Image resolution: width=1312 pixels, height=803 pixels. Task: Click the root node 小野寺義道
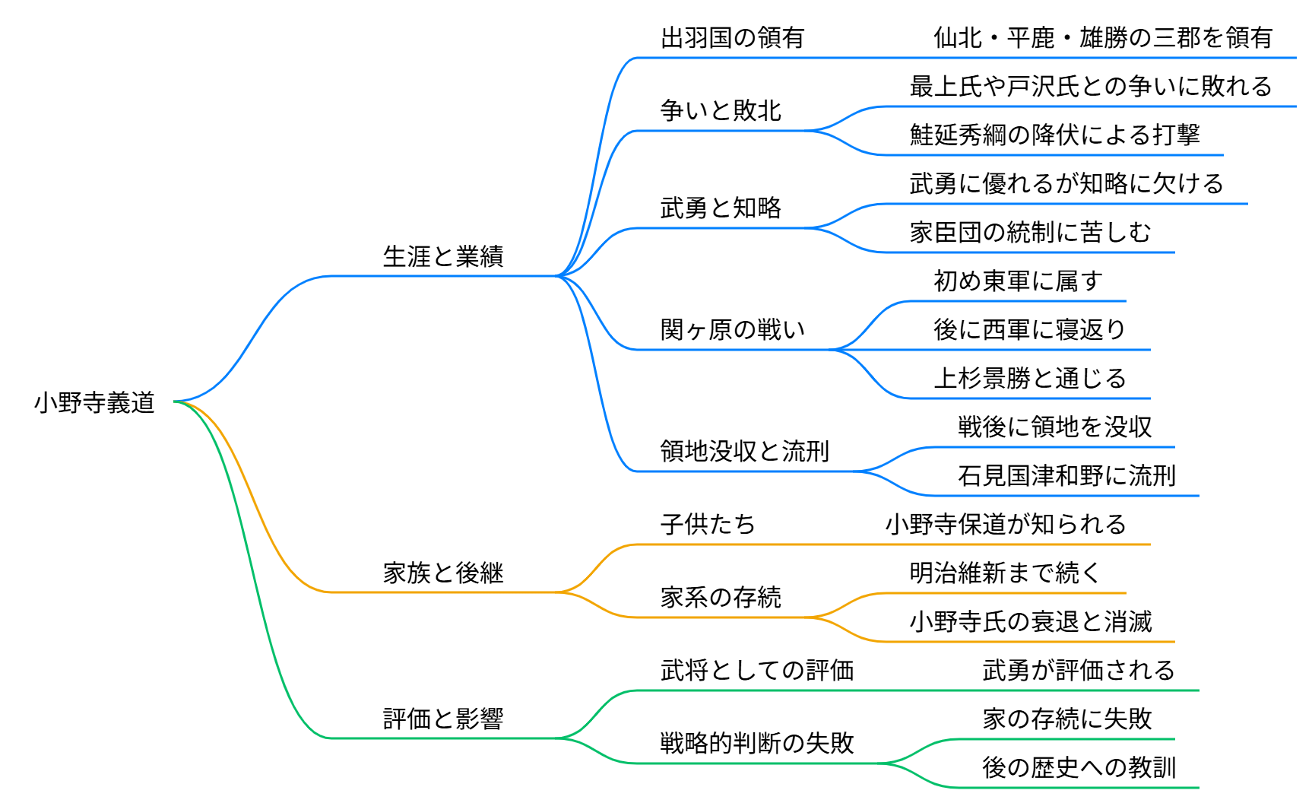[x=94, y=402]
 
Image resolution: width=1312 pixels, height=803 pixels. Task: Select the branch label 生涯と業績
[x=443, y=257]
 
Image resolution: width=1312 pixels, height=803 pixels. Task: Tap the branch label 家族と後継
[x=443, y=573]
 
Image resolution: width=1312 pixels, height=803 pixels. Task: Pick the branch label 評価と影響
[x=443, y=719]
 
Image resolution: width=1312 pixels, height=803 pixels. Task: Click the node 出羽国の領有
[x=732, y=38]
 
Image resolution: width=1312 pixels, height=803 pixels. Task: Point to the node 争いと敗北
[x=720, y=111]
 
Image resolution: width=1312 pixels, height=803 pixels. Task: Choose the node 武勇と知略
[x=720, y=208]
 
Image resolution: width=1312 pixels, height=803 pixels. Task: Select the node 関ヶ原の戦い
[x=732, y=330]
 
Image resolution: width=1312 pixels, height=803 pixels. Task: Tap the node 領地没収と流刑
[x=744, y=452]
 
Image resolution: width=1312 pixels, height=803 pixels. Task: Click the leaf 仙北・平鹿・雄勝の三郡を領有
[x=1102, y=38]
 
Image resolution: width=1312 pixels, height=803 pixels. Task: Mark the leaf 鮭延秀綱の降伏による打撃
[x=1054, y=135]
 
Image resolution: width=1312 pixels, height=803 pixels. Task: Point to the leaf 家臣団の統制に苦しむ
[x=1030, y=233]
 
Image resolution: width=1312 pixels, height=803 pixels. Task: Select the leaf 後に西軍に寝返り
[x=1029, y=330]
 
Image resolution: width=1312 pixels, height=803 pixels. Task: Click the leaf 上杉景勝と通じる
[x=1029, y=379]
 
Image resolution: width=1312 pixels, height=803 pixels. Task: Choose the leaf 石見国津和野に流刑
[x=1066, y=476]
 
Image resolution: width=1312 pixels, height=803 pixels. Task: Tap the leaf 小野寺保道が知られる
[x=1005, y=525]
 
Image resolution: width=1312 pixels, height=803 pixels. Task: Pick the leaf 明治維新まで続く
[x=1005, y=573]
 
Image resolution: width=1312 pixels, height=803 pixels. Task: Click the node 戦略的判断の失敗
[x=756, y=744]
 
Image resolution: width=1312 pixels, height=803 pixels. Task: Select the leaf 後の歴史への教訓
[x=1079, y=768]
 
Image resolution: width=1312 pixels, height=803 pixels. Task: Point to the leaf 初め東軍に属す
[x=1017, y=281]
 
